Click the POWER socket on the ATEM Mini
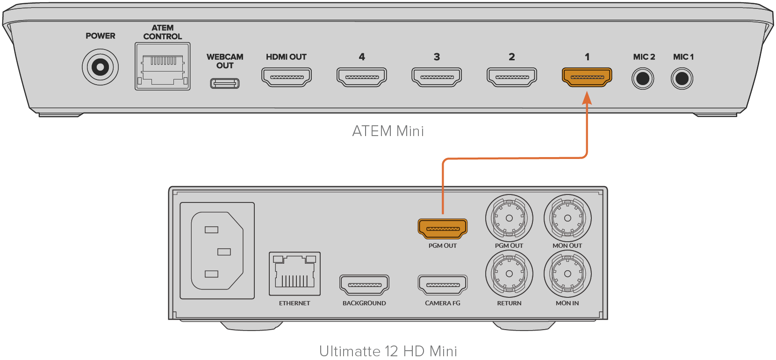pyautogui.click(x=100, y=67)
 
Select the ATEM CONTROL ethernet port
pyautogui.click(x=162, y=66)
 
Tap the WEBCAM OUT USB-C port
pyautogui.click(x=225, y=83)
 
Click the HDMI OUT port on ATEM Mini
pyautogui.click(x=286, y=77)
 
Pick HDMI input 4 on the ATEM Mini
pyautogui.click(x=362, y=77)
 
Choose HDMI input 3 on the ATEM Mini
pyautogui.click(x=437, y=77)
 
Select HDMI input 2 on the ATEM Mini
pyautogui.click(x=512, y=77)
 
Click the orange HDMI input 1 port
pyautogui.click(x=587, y=77)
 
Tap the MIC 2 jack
pyautogui.click(x=643, y=78)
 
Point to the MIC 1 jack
pyautogui.click(x=682, y=78)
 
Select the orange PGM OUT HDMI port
pyautogui.click(x=442, y=229)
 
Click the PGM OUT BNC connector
pyautogui.click(x=509, y=218)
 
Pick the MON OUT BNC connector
pyautogui.click(x=568, y=218)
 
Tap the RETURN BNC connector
pyautogui.click(x=509, y=274)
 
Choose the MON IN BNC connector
pyautogui.click(x=568, y=274)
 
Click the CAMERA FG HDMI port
pyautogui.click(x=442, y=285)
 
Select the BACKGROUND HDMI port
pyautogui.click(x=364, y=285)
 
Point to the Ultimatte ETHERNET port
pyautogui.click(x=295, y=274)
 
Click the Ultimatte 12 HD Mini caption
pyautogui.click(x=388, y=351)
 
